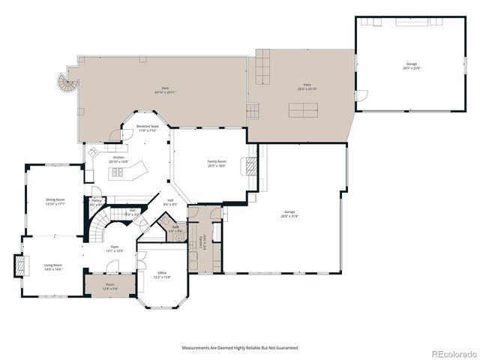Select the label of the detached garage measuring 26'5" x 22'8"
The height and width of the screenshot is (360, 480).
[412, 66]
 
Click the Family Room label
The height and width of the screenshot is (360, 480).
[217, 163]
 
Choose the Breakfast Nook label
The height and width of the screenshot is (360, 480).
[147, 128]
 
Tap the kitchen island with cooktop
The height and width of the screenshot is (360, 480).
[127, 174]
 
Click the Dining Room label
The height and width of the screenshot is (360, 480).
[55, 201]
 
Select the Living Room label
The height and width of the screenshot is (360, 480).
[52, 267]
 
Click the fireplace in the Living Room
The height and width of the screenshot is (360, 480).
[20, 265]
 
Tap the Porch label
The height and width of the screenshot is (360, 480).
[109, 286]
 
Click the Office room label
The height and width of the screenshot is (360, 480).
[163, 274]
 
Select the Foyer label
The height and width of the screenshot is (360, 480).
[115, 248]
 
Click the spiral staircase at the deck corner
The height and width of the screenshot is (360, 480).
[67, 83]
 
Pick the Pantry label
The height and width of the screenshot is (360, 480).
[96, 202]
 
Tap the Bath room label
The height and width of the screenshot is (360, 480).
[175, 228]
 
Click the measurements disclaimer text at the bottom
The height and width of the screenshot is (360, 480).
[239, 348]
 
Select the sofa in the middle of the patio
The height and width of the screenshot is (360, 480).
[303, 109]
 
